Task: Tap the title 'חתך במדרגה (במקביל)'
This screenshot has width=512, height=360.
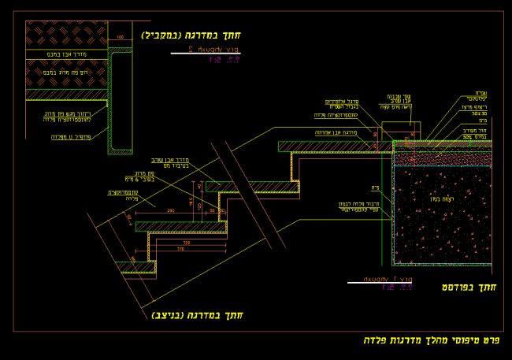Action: (x=191, y=35)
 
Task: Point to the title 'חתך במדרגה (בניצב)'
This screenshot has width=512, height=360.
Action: (x=197, y=315)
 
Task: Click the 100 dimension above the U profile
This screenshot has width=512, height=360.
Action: (x=120, y=38)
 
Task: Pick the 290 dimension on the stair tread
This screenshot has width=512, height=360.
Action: (x=171, y=211)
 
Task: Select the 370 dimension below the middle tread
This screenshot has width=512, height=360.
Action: (x=187, y=249)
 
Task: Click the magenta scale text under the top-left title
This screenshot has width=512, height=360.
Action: (x=224, y=59)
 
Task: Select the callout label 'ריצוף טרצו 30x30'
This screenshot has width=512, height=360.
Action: (x=475, y=110)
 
